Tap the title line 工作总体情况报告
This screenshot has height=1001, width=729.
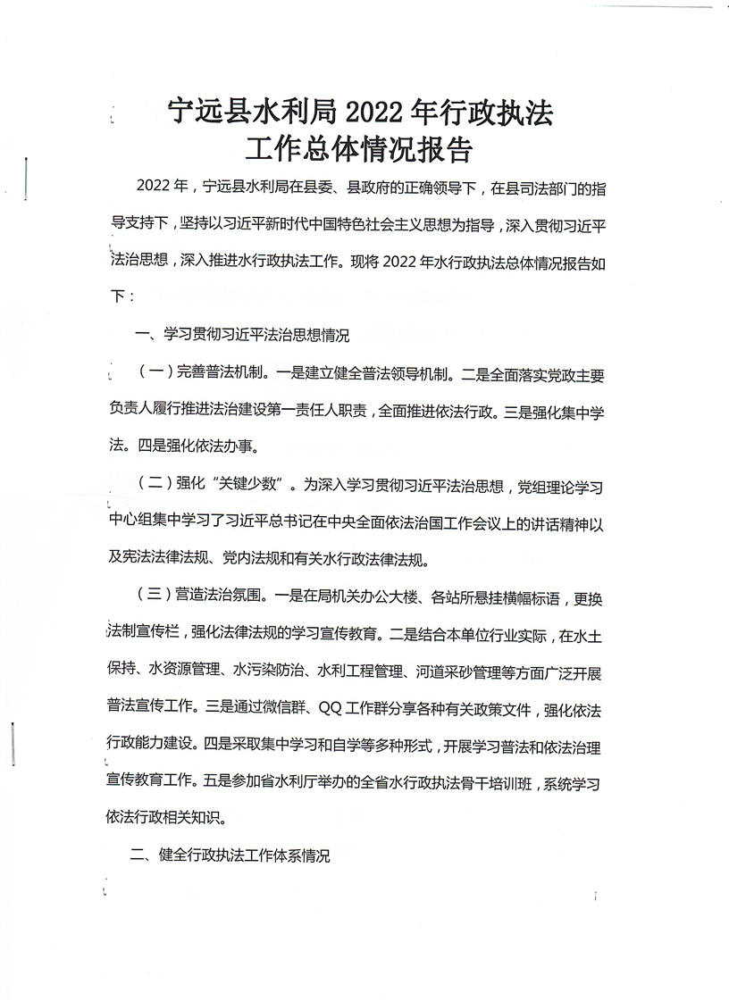pos(364,148)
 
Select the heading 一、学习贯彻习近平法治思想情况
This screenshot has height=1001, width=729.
pos(241,337)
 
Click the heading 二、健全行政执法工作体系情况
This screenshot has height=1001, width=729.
pos(230,855)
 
